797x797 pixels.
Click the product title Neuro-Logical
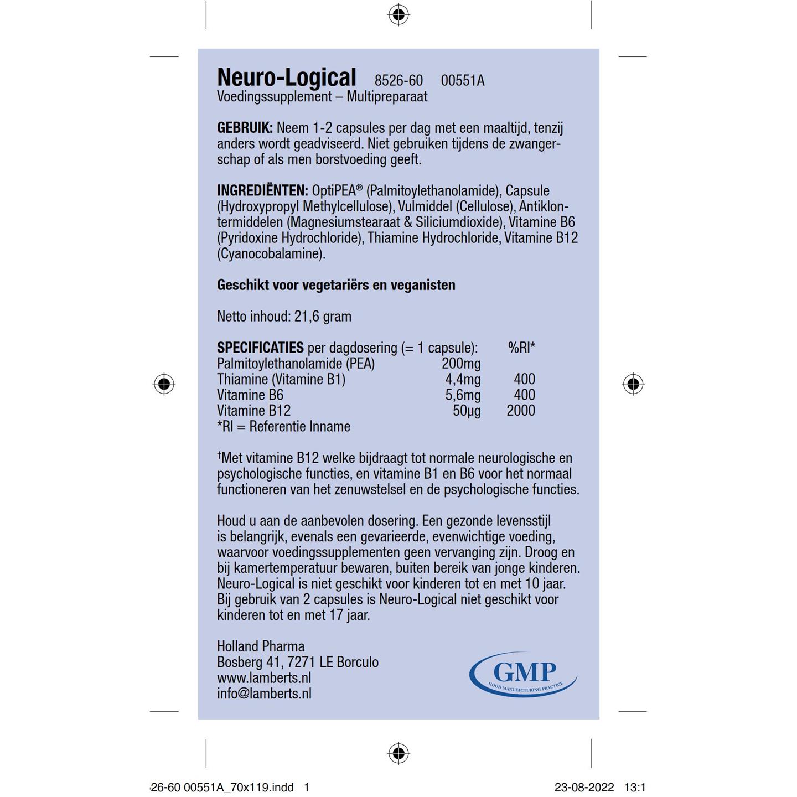coord(286,77)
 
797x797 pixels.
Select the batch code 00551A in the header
coord(462,81)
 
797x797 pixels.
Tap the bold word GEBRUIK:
coord(245,128)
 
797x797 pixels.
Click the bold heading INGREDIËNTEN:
coord(262,191)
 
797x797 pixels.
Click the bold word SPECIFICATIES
coord(260,348)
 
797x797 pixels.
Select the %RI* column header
coord(521,348)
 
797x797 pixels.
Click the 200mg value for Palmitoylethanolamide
coord(461,364)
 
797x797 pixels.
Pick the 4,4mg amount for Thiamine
coord(463,379)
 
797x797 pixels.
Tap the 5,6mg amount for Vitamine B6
coord(463,395)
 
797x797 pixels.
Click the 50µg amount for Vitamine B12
coord(467,411)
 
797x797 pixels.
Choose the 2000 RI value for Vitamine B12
coord(521,411)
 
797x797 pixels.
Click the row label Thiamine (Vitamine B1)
coord(281,379)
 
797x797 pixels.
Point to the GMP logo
coord(523,674)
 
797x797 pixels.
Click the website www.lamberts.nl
coord(264,678)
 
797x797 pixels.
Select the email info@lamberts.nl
coord(264,694)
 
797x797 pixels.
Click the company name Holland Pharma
coord(261,646)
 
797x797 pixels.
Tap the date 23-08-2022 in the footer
coord(584,787)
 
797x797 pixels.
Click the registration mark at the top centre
coord(398,14)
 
